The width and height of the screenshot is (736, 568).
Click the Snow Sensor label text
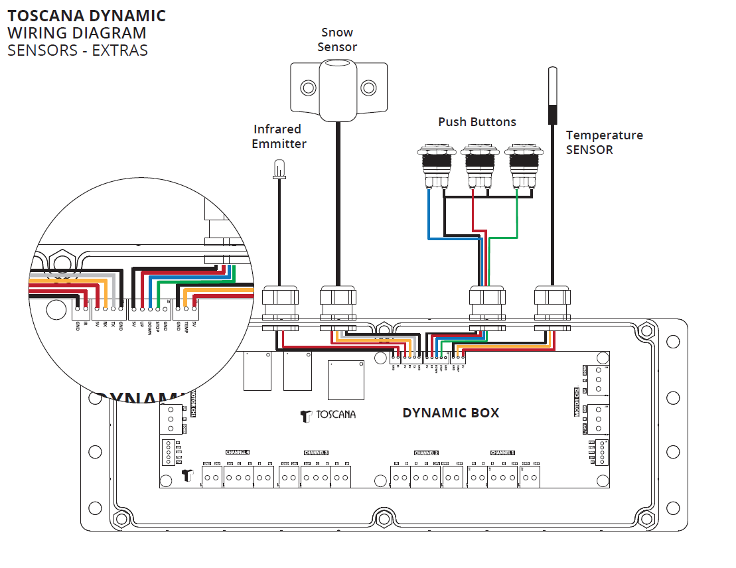tap(337, 40)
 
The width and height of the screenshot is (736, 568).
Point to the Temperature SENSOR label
tap(604, 142)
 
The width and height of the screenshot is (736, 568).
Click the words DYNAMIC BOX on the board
tap(451, 413)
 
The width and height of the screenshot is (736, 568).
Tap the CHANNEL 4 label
tap(237, 453)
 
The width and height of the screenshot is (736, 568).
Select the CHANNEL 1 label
tap(503, 453)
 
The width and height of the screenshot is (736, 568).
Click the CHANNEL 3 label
tap(316, 453)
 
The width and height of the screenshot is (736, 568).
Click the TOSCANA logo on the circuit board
tap(328, 415)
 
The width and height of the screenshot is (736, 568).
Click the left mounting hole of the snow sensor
tap(307, 88)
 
